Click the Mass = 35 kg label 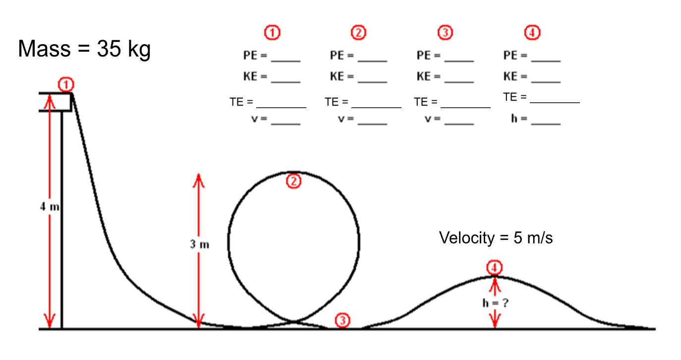(x=84, y=50)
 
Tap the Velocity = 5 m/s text (x=496, y=238)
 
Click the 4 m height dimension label (x=49, y=207)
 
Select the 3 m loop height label (x=200, y=244)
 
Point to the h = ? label (x=495, y=303)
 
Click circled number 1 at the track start (x=65, y=84)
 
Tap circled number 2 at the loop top (x=294, y=181)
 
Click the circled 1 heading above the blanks (x=272, y=33)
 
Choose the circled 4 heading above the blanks (x=532, y=33)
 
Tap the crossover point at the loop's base (x=294, y=322)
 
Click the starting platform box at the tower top (x=56, y=102)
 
